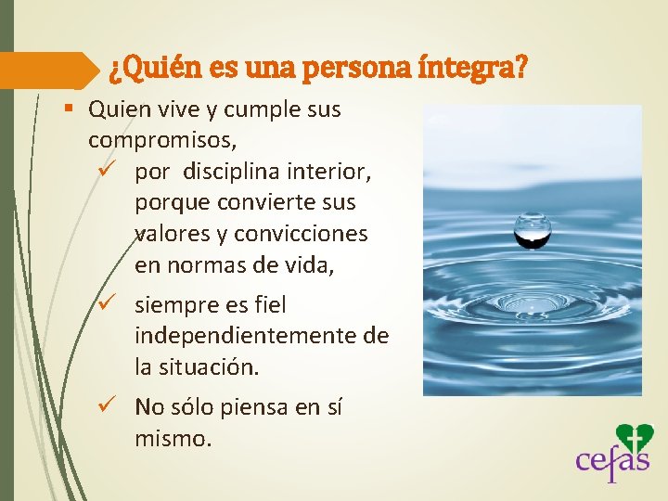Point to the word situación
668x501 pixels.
point(208,366)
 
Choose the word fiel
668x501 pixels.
point(265,304)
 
